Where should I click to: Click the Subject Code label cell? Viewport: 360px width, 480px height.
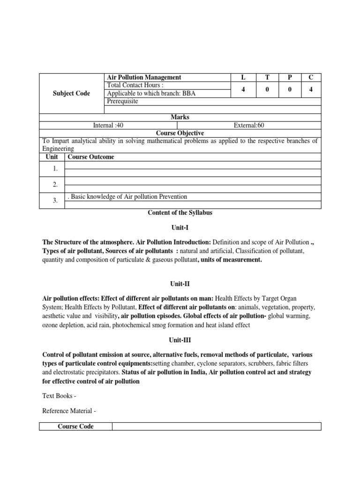[72, 93]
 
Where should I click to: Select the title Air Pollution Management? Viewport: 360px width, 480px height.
[144, 77]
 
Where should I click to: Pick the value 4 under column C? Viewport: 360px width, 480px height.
[310, 90]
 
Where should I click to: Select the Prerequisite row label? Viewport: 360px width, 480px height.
[122, 101]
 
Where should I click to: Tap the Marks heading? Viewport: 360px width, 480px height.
[180, 117]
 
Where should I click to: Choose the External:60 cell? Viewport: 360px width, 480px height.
[249, 125]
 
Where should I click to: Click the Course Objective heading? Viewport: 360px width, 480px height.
[180, 133]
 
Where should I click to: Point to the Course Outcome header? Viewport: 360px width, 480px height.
[90, 157]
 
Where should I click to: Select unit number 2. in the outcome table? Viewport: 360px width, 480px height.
[55, 185]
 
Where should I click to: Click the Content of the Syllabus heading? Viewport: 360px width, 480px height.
[180, 212]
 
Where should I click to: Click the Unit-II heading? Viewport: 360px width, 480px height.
[180, 284]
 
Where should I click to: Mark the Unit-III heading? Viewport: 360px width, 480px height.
[180, 341]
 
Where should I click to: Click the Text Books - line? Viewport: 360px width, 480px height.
[59, 396]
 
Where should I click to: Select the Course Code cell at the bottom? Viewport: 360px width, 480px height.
[75, 426]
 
